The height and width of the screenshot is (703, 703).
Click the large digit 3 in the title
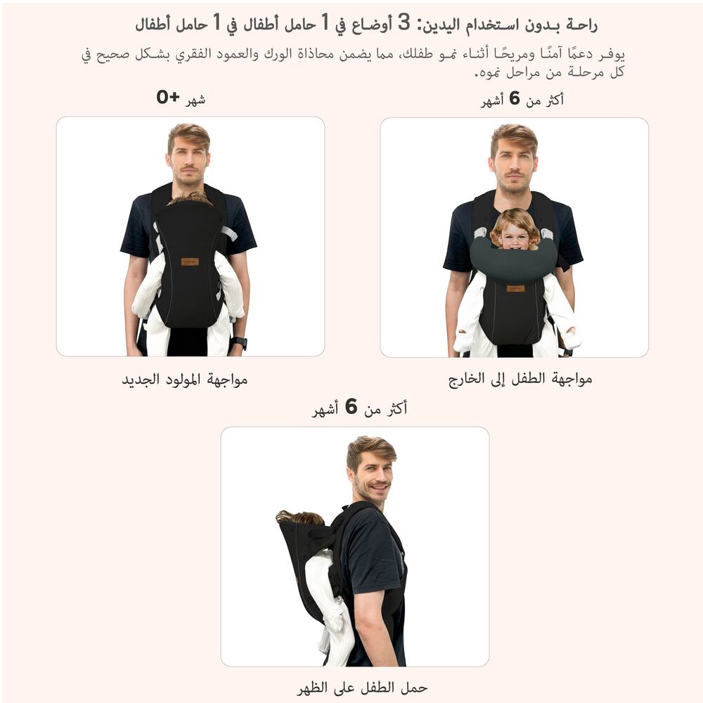pos(404,22)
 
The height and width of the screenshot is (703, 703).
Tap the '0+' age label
pos(168,97)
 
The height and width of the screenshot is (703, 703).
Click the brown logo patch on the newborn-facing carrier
pos(190,262)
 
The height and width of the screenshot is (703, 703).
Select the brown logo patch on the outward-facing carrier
pos(515,288)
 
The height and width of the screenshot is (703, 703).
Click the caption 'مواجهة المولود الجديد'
pos(185,380)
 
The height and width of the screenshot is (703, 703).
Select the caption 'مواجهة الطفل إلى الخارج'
pos(520,380)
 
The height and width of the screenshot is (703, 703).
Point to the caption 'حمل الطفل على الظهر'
pos(362,688)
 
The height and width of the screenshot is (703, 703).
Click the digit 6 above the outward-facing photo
pos(515,98)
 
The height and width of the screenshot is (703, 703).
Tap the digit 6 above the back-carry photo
pos(351,406)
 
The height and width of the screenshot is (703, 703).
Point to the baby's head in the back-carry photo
pos(299,517)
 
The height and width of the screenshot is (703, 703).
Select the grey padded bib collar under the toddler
pos(513,260)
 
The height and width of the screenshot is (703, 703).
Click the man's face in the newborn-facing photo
pos(188,161)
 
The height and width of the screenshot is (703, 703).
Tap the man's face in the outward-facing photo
pos(513,163)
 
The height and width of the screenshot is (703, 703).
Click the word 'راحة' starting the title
pos(581,25)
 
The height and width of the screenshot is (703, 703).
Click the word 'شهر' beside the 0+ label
pos(195,99)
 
